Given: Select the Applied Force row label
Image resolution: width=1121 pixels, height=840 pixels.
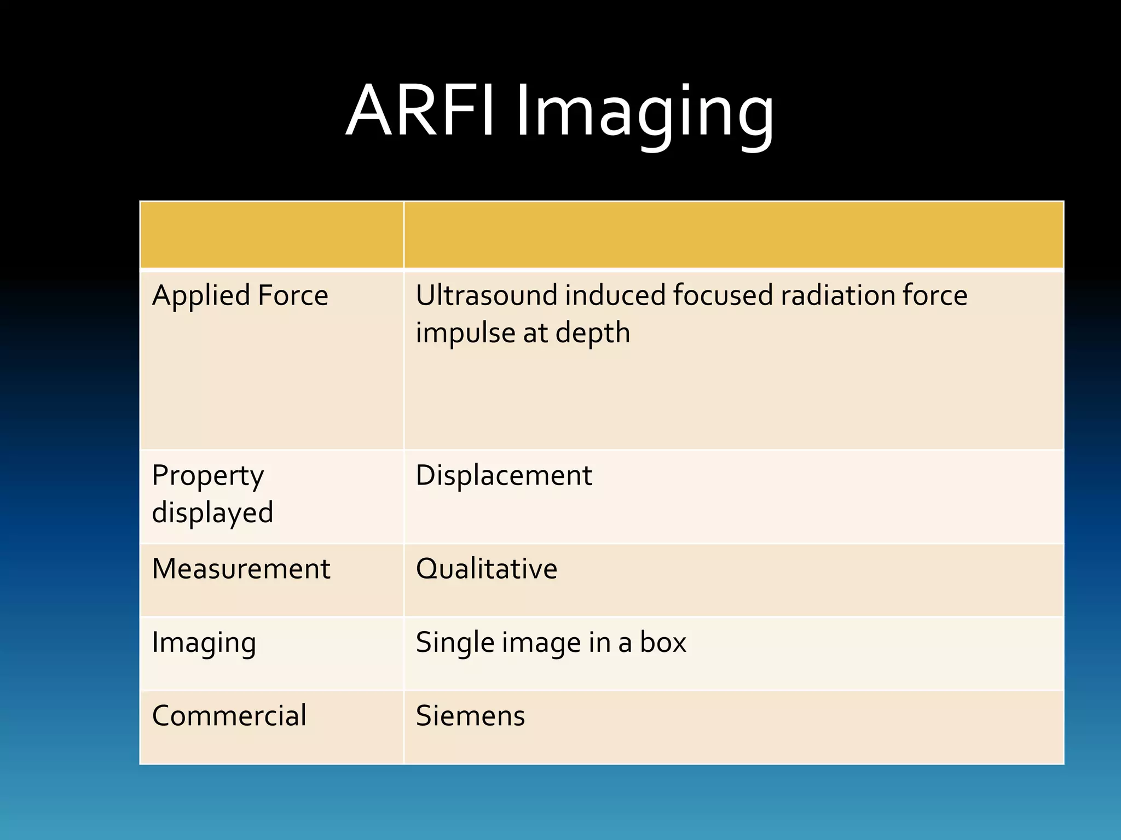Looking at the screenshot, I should pos(240,296).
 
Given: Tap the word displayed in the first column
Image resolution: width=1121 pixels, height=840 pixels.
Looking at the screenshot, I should pos(212,513).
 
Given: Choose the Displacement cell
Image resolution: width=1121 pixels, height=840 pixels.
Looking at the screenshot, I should pos(504,475).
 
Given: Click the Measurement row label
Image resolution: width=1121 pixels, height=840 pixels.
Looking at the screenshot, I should pos(241,569).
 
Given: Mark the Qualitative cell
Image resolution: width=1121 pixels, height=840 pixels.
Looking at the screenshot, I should pos(486,569).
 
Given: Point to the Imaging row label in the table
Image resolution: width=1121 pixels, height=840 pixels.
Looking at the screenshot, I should pos(204,643).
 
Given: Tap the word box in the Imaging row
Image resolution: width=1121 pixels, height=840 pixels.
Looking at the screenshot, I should pos(663,643).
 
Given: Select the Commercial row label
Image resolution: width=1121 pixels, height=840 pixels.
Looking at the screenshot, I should pos(229,716).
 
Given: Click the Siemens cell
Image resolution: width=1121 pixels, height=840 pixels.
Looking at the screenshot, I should pos(470,716).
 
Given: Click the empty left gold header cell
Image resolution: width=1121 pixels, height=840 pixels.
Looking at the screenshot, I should pos(271,235).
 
